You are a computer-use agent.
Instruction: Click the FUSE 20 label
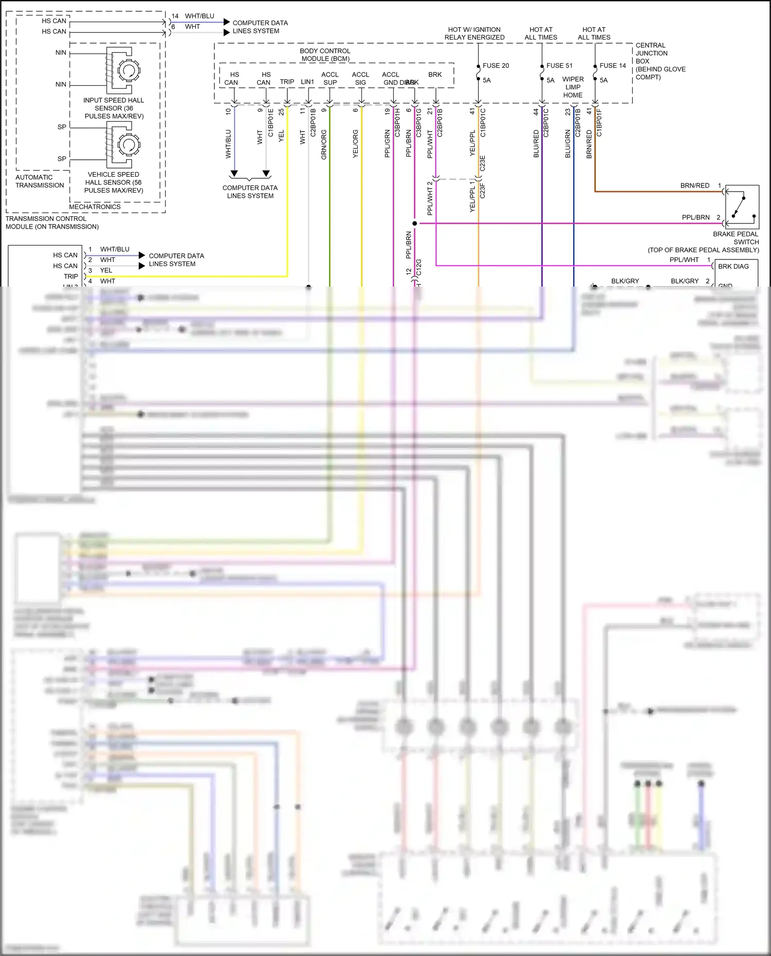click(495, 66)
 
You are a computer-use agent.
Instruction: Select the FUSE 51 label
click(559, 66)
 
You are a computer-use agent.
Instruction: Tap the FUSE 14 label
click(612, 66)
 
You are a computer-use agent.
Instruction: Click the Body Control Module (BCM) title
click(325, 54)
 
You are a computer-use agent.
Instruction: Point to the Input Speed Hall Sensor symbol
click(124, 70)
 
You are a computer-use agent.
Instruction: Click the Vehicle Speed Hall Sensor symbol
click(124, 144)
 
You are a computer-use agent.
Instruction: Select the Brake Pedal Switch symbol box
click(742, 207)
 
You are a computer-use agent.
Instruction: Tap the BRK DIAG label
click(733, 267)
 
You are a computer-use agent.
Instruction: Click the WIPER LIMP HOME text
click(573, 87)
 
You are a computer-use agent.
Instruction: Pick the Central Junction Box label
click(660, 61)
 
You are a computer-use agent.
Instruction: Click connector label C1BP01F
click(599, 123)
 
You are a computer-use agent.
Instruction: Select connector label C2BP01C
click(546, 123)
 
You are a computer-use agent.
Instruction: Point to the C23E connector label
click(482, 163)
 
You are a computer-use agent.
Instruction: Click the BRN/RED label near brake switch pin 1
click(694, 185)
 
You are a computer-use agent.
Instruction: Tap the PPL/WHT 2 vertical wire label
click(430, 198)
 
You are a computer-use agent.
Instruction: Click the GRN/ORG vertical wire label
click(324, 144)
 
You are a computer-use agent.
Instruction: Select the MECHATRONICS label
click(95, 207)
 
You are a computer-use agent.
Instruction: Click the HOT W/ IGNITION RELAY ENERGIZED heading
click(474, 33)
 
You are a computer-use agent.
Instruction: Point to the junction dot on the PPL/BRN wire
click(414, 223)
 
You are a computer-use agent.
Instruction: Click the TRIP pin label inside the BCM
click(287, 82)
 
